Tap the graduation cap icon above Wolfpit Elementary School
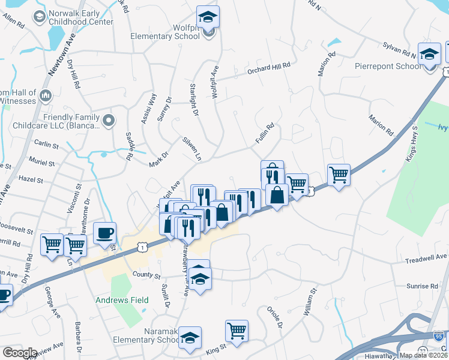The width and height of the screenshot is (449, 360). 208,17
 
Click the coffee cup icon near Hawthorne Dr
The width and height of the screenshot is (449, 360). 104,233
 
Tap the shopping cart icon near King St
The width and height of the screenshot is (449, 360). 237,331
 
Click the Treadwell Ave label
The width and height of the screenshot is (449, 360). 426,257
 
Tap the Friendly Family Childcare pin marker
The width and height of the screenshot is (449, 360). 109,121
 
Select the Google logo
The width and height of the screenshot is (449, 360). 19,353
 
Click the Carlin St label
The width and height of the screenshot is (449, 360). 46,145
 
